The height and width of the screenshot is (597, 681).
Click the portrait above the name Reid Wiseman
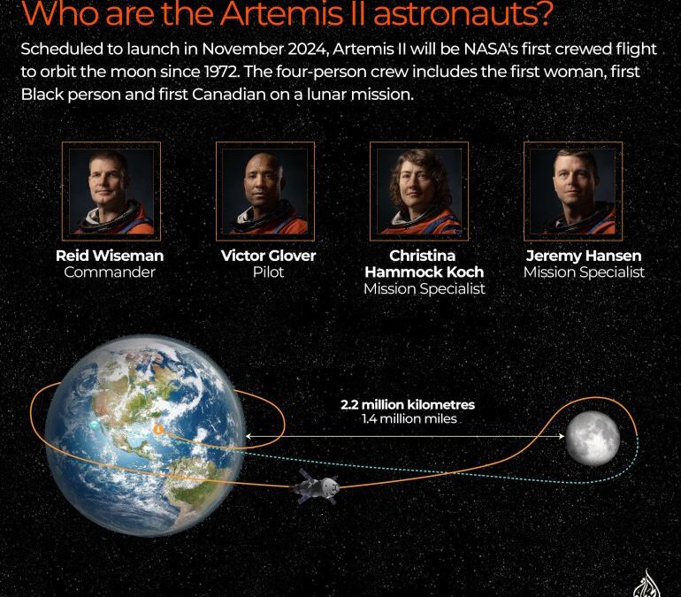coord(110,191)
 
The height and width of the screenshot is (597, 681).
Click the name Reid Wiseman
coord(110,256)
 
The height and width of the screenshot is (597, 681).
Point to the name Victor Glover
coord(268,256)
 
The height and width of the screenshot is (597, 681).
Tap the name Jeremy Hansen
coord(584,256)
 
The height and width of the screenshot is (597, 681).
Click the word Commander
coord(110,272)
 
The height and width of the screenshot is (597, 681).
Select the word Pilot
coord(268,272)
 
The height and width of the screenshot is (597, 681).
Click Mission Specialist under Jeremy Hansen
coord(584,272)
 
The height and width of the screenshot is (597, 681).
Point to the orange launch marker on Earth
coord(157,429)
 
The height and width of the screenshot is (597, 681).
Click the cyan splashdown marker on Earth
coord(95,425)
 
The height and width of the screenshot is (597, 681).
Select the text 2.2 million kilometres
coord(408,404)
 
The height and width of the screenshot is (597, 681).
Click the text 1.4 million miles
coord(409,418)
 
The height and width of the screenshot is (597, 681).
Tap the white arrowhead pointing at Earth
coord(249,436)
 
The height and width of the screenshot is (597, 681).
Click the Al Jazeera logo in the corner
coord(647,585)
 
